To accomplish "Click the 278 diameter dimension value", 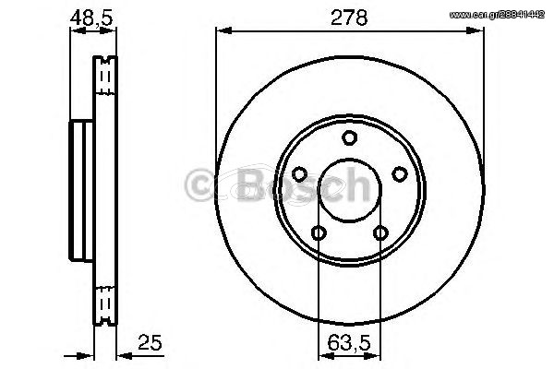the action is pyautogui.click(x=349, y=18).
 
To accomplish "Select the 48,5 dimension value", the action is pyautogui.click(x=91, y=18).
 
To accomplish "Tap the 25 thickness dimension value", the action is pyautogui.click(x=150, y=342).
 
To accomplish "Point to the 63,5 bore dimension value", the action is pyautogui.click(x=349, y=342).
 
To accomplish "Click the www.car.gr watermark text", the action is pyautogui.click(x=497, y=15).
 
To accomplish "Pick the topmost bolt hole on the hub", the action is pyautogui.click(x=349, y=137).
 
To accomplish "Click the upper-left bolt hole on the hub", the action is pyautogui.click(x=299, y=174).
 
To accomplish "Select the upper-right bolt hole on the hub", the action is pyautogui.click(x=400, y=174).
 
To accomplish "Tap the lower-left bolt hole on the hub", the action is pyautogui.click(x=319, y=232).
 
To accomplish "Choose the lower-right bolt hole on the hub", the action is pyautogui.click(x=380, y=232).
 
